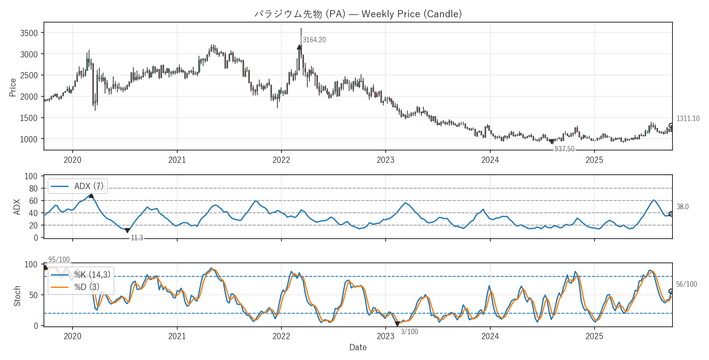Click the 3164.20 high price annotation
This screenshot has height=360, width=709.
pyautogui.click(x=314, y=40)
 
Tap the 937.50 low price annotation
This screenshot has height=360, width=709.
pyautogui.click(x=564, y=149)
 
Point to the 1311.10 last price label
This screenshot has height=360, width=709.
pyautogui.click(x=688, y=118)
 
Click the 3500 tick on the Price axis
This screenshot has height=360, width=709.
pyautogui.click(x=29, y=33)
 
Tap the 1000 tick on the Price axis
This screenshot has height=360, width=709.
pyautogui.click(x=29, y=139)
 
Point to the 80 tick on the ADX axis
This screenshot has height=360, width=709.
pyautogui.click(x=33, y=188)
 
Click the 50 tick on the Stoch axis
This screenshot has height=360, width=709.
pyautogui.click(x=33, y=295)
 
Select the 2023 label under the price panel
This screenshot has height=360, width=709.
pyautogui.click(x=385, y=160)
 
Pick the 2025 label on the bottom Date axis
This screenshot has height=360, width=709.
pyautogui.click(x=594, y=336)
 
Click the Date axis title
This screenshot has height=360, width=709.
pyautogui.click(x=358, y=347)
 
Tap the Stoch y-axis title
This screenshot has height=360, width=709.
pyautogui.click(x=17, y=296)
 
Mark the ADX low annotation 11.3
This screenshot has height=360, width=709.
pyautogui.click(x=137, y=238)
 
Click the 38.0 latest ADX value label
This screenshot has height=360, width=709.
pyautogui.click(x=682, y=207)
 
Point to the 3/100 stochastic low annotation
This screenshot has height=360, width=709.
pyautogui.click(x=409, y=332)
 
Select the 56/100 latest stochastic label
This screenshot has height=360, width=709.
pyautogui.click(x=686, y=284)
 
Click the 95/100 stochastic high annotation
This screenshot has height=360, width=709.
pyautogui.click(x=59, y=260)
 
